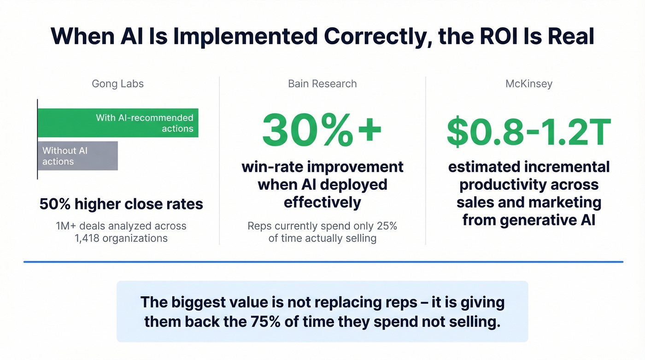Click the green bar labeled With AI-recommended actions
(117, 123)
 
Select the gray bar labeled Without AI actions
(77, 156)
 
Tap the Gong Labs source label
(117, 84)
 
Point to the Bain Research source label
(322, 84)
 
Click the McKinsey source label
(528, 84)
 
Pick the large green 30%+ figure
(322, 130)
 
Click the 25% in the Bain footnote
(386, 226)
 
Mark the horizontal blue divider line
(322, 262)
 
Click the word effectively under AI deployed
(322, 202)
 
